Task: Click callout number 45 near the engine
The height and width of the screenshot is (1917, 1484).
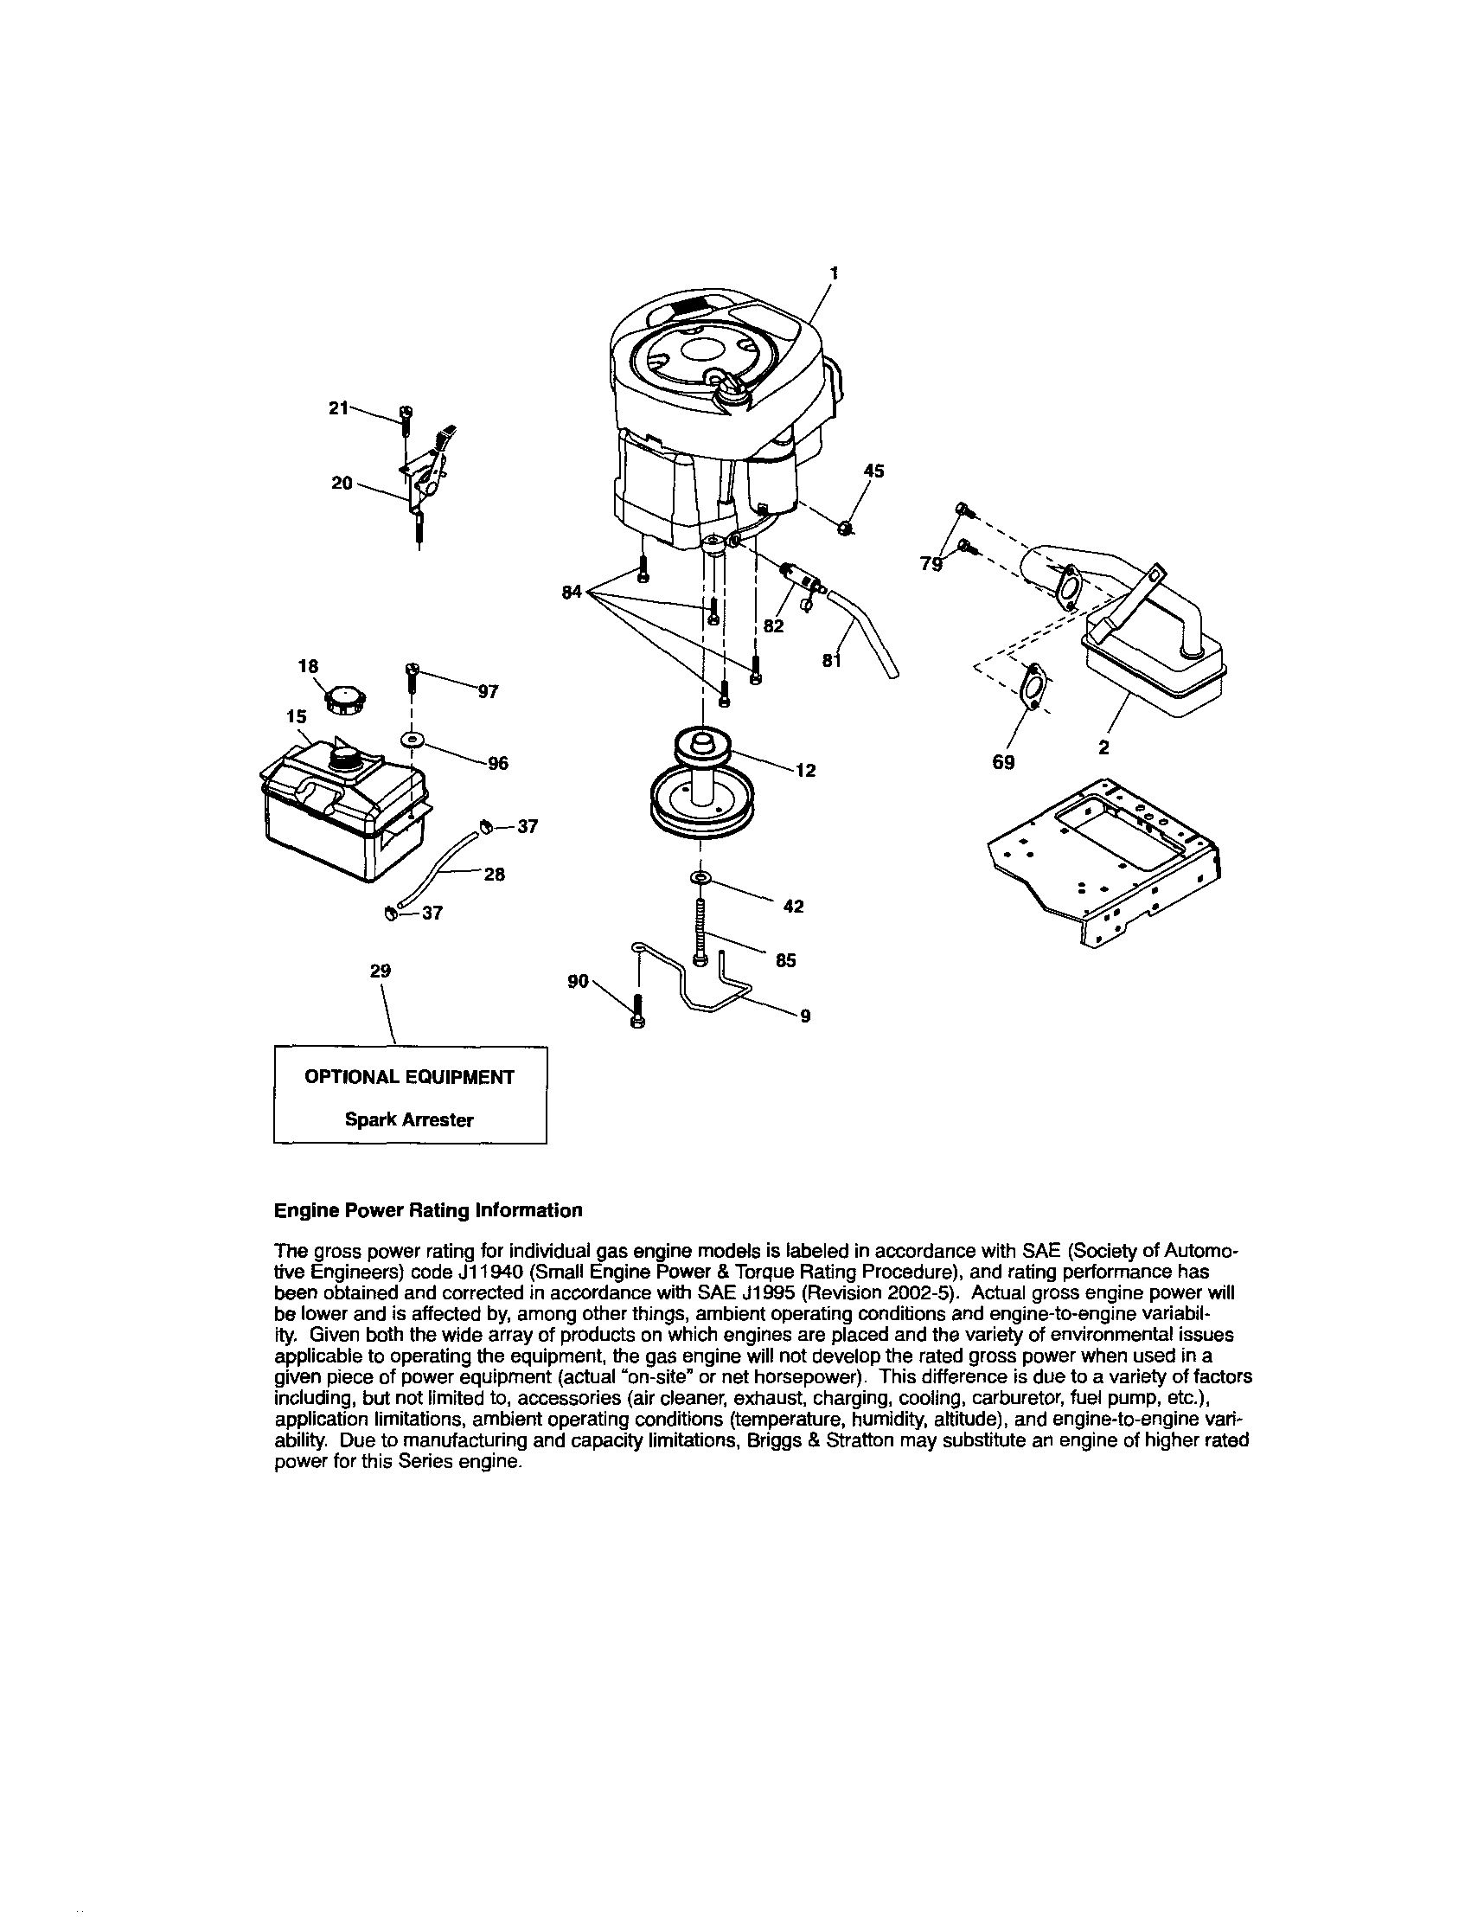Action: pos(873,471)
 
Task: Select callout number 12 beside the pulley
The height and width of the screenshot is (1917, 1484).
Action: pos(806,771)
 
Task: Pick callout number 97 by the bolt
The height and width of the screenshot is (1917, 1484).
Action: pos(488,692)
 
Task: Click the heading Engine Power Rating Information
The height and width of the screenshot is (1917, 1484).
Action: pos(427,1210)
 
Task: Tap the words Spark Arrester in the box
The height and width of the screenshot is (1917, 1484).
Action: pos(409,1120)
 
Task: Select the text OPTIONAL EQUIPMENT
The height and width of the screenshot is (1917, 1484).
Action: pos(409,1077)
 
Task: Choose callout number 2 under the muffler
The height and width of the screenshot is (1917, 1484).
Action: pos(1104,747)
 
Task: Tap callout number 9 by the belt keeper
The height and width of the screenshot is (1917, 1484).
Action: pos(805,1016)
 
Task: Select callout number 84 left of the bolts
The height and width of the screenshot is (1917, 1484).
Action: pos(572,593)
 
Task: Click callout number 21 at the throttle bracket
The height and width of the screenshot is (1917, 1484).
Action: pos(339,407)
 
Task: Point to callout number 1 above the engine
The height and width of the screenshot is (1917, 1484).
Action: pos(834,273)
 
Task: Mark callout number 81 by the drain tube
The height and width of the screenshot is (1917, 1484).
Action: pos(832,661)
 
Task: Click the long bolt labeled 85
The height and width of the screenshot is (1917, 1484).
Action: pos(700,931)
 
